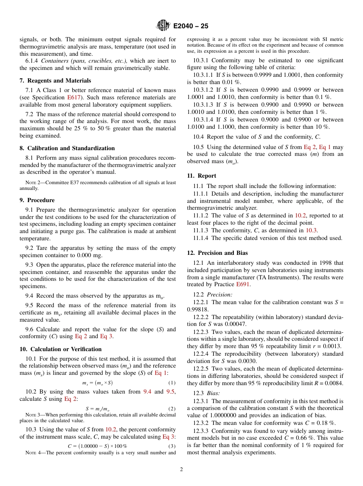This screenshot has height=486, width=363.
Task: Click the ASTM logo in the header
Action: click(x=163, y=26)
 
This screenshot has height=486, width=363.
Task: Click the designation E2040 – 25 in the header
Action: click(x=191, y=26)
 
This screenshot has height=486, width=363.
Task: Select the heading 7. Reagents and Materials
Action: click(x=55, y=81)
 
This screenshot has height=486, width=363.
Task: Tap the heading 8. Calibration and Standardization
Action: click(x=67, y=148)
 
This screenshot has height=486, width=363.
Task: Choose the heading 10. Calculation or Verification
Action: click(x=60, y=349)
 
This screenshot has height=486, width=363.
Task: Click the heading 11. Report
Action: click(x=201, y=176)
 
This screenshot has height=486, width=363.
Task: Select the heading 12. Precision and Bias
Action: click(x=217, y=253)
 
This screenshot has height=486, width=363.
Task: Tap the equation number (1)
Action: click(x=172, y=383)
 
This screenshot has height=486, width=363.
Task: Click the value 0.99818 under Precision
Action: click(x=198, y=309)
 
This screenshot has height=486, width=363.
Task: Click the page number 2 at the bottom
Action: click(x=181, y=470)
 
